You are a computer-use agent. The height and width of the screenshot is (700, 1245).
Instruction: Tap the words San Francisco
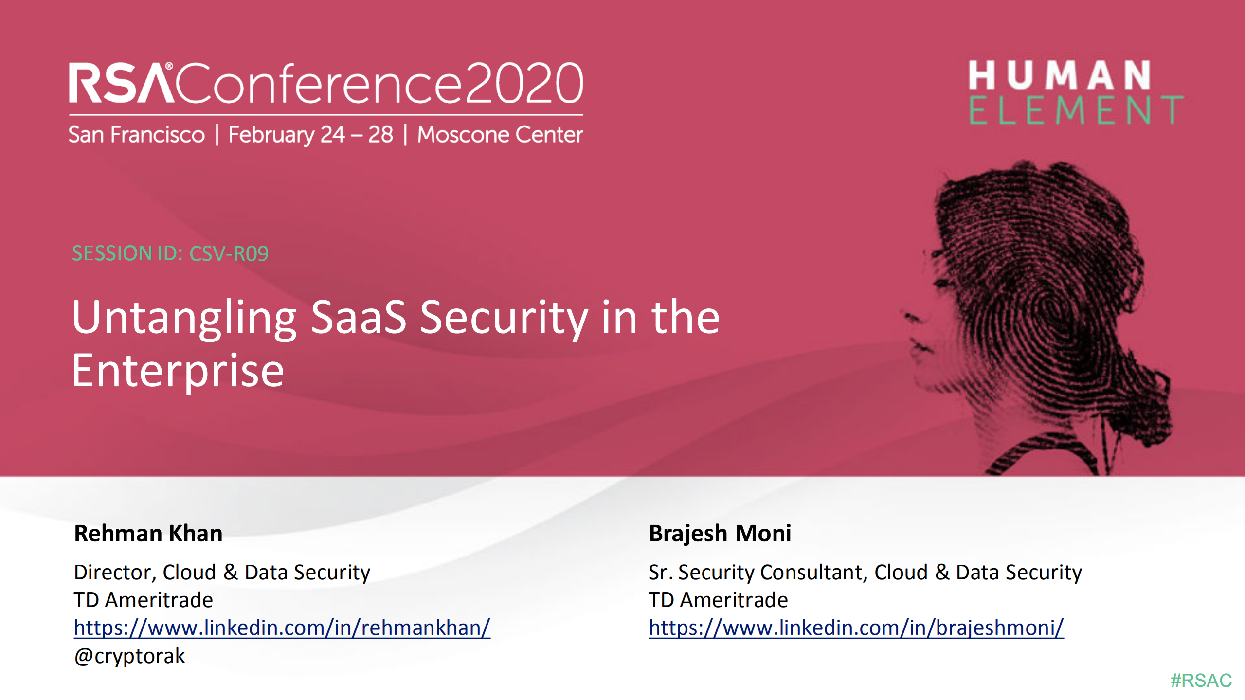tap(136, 135)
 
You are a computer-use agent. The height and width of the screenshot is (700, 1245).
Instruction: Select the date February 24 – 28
tap(310, 135)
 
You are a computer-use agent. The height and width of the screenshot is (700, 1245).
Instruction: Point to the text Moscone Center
tap(500, 135)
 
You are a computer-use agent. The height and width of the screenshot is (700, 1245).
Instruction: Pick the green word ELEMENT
tap(1075, 110)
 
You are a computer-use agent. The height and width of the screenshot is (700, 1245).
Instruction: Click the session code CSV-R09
tap(229, 253)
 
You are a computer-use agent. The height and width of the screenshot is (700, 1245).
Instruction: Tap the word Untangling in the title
tap(184, 319)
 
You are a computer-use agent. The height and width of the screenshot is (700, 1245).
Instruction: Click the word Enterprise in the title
tap(178, 372)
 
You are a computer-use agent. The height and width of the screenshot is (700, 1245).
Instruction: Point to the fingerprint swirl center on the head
tap(1046, 311)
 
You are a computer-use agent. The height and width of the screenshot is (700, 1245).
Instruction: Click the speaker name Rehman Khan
tap(148, 533)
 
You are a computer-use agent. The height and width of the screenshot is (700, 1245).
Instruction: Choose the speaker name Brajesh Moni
tap(720, 533)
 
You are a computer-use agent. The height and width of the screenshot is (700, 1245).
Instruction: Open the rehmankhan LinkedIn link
tap(282, 628)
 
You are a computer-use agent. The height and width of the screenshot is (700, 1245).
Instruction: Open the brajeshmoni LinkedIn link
tap(856, 628)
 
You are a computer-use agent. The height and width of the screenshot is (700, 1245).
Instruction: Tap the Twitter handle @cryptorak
tap(129, 656)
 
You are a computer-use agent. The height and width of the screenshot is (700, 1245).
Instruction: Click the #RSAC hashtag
tap(1201, 680)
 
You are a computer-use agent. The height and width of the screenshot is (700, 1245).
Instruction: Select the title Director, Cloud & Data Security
tap(222, 572)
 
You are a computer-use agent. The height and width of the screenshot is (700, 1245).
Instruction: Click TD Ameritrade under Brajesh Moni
tap(718, 600)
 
